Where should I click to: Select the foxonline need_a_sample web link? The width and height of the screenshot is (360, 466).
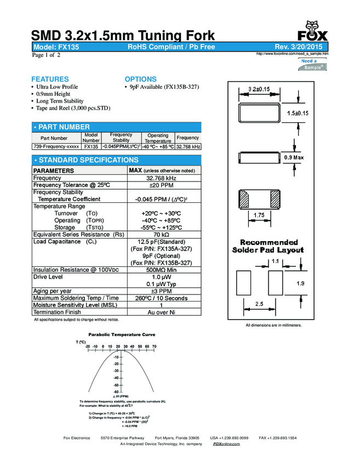point(292,54)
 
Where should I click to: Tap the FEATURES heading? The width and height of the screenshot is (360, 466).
point(50,79)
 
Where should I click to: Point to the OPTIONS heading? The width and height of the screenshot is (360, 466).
point(140,79)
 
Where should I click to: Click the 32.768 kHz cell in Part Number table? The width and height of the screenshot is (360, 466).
point(188,147)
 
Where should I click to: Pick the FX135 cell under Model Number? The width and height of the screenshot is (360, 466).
point(91,147)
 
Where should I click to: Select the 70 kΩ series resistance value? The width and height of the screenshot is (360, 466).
point(161,235)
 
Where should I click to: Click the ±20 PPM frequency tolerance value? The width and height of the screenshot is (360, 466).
point(161,185)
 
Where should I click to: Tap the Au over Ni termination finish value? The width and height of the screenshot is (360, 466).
point(161,312)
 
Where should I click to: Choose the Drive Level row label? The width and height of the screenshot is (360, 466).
point(49,277)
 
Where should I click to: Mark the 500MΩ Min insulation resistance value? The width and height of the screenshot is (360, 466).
point(161,270)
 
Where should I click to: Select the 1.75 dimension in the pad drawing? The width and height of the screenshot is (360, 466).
point(260,215)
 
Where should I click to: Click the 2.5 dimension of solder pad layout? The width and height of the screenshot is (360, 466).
point(259,303)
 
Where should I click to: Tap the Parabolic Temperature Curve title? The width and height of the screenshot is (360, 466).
point(122,334)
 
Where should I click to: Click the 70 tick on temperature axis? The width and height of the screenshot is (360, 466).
point(154,346)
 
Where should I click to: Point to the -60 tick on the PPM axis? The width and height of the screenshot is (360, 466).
point(116,391)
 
